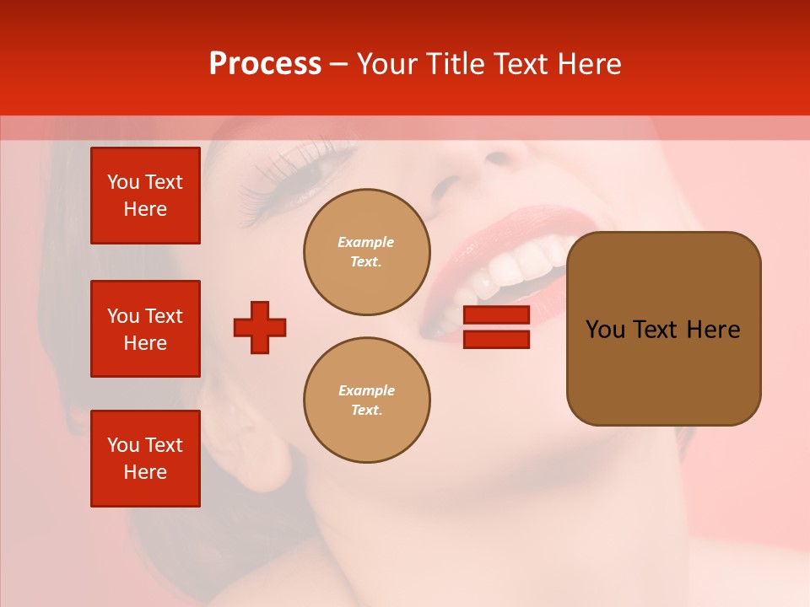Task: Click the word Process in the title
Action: pos(265,64)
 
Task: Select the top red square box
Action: pos(145,196)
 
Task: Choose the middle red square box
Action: pos(145,329)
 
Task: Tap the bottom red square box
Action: pos(145,459)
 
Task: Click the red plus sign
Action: pos(260,327)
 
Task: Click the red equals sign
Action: pos(496,327)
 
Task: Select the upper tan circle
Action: pos(367,252)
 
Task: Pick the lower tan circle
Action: pos(367,400)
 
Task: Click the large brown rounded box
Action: pos(663,329)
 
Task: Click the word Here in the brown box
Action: pos(713,330)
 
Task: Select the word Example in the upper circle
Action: pos(366,242)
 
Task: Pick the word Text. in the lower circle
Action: pos(366,411)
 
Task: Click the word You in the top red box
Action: pos(123,182)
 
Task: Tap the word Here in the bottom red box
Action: pos(145,472)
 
